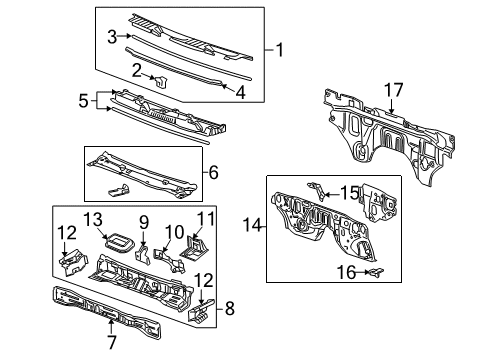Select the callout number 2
click(x=136, y=69)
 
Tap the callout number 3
click(x=113, y=37)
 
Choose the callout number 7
click(x=112, y=343)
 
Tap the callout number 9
click(x=143, y=221)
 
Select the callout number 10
click(x=175, y=231)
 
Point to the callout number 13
click(x=93, y=219)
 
